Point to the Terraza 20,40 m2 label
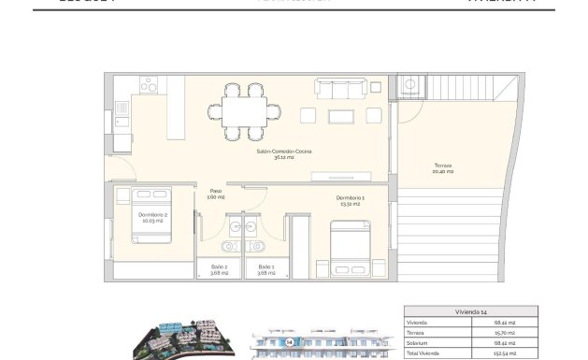coord(442,169)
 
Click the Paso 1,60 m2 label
coord(215,194)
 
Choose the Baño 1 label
coord(266,270)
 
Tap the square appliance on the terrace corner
coord(409,87)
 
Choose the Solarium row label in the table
coord(418,343)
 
